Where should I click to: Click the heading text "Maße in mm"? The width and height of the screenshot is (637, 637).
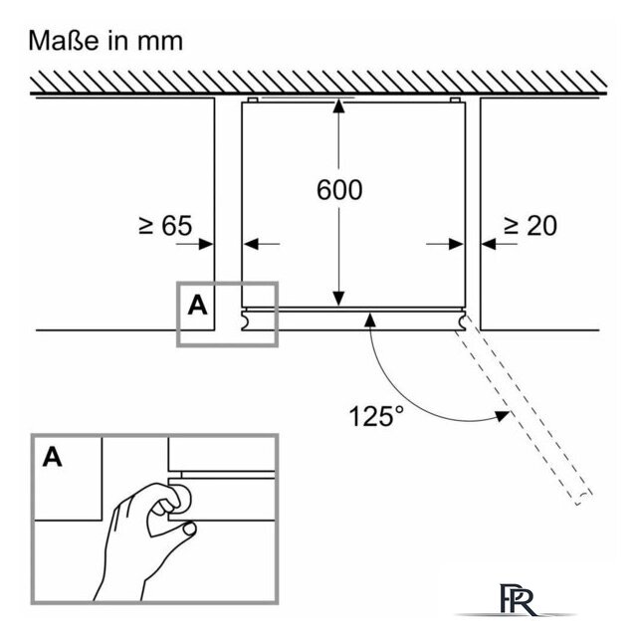106,41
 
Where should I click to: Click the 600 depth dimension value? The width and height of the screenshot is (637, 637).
339,190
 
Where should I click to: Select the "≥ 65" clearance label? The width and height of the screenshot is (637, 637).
165,226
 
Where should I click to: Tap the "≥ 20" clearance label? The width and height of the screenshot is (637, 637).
531,226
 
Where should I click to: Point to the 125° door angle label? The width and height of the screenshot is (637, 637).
376,416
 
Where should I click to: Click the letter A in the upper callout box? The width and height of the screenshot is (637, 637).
197,306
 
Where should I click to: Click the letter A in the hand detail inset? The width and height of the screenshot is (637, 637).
53,457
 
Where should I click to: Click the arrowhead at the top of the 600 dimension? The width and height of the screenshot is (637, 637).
338,106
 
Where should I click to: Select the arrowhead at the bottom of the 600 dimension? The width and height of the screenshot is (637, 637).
338,299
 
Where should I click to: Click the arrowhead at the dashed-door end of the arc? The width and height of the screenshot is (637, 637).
502,416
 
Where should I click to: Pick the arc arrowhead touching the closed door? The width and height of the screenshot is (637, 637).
369,320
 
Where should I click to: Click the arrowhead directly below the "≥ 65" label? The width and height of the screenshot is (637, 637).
206,244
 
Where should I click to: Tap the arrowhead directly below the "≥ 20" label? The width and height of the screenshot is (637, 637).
489,244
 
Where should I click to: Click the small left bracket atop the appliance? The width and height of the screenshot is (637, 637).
252,100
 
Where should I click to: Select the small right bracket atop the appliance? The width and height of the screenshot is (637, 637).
455,100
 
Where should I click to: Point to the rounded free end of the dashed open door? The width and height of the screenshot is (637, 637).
584,499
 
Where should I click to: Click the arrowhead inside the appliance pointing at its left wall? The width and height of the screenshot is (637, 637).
252,244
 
